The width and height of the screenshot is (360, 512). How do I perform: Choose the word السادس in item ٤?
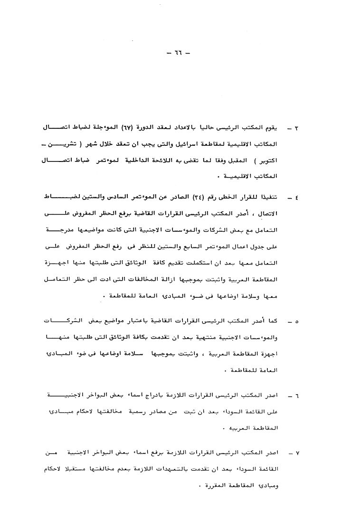coord(113,195)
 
